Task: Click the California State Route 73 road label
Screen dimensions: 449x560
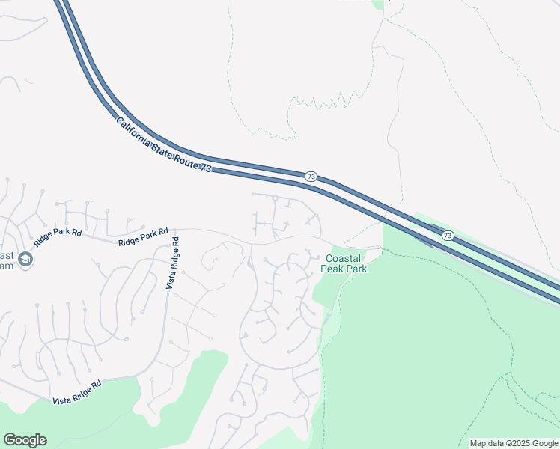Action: [164, 146]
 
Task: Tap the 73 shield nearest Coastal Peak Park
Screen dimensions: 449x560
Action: [448, 235]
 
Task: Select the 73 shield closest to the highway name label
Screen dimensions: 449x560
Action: [311, 177]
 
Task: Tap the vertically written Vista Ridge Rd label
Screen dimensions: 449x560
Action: [171, 263]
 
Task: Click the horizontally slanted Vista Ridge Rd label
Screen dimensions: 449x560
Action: [77, 393]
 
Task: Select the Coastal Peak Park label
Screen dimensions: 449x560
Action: [344, 263]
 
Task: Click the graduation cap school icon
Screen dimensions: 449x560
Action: [25, 260]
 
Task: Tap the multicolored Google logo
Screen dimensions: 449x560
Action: [25, 440]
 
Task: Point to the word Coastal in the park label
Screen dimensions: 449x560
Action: [344, 259]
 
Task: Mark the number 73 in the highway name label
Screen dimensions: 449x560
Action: [206, 169]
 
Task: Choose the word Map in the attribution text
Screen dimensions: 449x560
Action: [478, 443]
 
